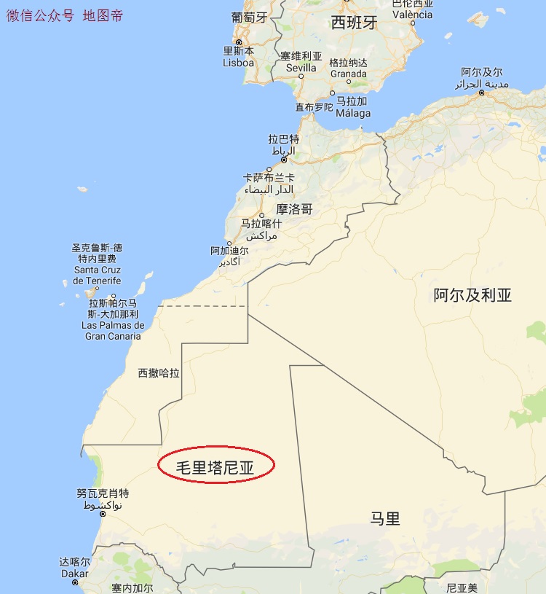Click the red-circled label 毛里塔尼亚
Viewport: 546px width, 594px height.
(216, 467)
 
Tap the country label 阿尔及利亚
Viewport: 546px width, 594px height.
(472, 295)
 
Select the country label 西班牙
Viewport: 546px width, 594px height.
(354, 23)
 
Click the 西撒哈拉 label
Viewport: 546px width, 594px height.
(159, 373)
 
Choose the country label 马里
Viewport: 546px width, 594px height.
(385, 519)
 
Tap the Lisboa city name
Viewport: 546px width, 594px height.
(238, 63)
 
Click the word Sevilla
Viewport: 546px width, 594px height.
(301, 68)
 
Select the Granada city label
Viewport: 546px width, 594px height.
(348, 74)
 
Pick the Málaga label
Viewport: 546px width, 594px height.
(353, 113)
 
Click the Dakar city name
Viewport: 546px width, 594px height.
(75, 574)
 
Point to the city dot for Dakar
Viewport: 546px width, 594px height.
(75, 583)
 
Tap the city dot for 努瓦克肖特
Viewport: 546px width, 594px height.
(103, 515)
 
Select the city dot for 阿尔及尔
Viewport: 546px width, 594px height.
(482, 93)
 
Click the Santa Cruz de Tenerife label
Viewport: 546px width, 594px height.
(97, 275)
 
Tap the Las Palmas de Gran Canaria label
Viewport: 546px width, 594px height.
(113, 331)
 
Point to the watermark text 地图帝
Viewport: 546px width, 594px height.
(103, 15)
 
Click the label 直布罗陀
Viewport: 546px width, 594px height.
(314, 107)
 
